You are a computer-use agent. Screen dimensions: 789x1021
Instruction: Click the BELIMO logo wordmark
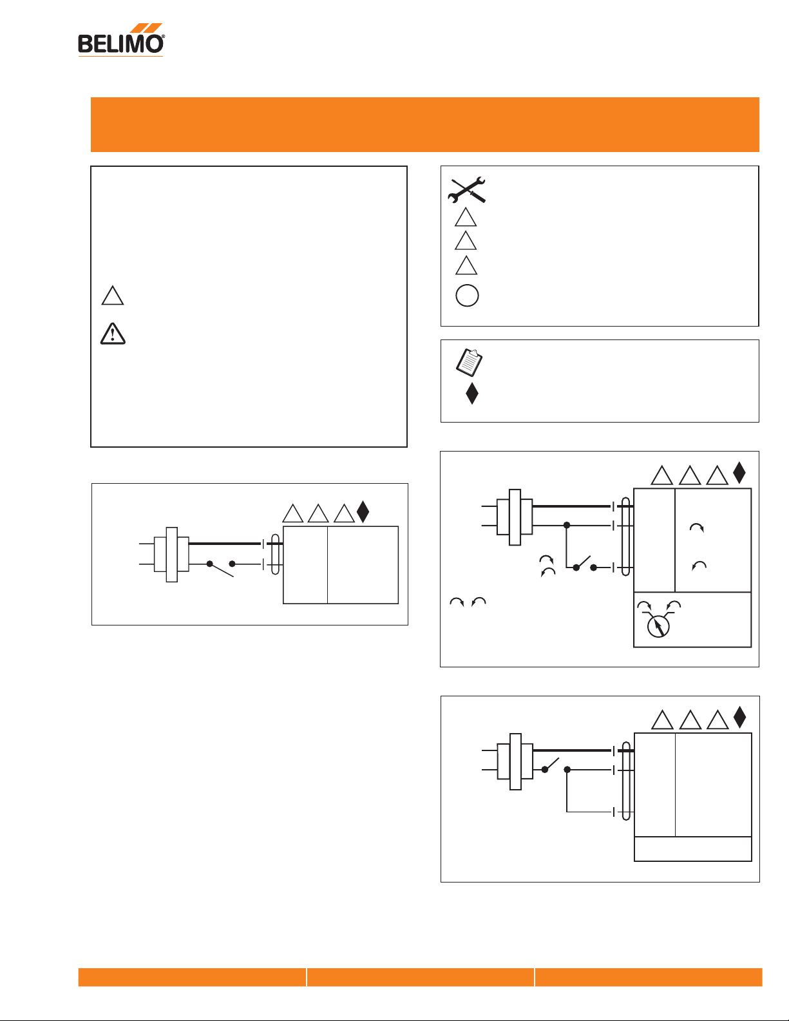point(120,44)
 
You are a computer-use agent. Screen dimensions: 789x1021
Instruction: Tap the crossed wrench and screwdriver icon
point(467,190)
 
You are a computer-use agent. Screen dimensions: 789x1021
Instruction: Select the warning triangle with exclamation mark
point(113,334)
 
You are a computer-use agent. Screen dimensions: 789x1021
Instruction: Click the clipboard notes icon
point(469,362)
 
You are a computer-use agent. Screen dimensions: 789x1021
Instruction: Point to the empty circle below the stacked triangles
point(467,296)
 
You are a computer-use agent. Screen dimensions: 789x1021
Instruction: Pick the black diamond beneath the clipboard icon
point(472,394)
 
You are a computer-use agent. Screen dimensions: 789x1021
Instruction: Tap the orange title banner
point(424,124)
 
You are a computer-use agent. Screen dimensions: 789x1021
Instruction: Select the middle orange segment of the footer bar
point(421,977)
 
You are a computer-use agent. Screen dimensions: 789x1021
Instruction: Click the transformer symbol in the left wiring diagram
point(171,555)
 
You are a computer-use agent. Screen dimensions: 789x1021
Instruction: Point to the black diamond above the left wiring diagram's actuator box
point(363,511)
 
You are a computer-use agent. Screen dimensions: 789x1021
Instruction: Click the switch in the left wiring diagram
point(221,568)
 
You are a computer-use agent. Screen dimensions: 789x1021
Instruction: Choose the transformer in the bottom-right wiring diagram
point(515,761)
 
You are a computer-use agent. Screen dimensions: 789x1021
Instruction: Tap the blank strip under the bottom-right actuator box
point(693,848)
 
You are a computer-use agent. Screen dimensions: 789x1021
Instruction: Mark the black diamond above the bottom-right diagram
point(739,717)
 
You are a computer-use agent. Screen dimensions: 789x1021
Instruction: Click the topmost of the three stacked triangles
point(466,218)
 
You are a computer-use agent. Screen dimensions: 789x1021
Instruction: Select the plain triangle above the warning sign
point(113,296)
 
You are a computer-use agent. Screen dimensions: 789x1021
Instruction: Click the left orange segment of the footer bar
point(192,977)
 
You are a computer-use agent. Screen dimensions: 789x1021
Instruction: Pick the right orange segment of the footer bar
point(649,977)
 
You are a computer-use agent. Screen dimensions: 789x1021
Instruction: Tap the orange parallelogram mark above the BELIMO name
point(146,28)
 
